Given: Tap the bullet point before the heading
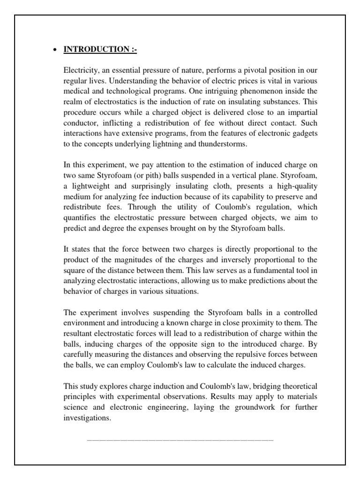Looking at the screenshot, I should point(56,50).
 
